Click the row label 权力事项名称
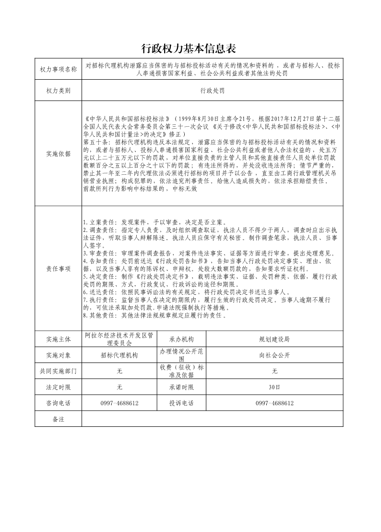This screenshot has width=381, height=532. click(x=58, y=70)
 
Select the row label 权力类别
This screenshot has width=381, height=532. click(x=58, y=90)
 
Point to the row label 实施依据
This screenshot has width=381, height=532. click(x=58, y=154)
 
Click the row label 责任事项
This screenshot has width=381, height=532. click(x=58, y=268)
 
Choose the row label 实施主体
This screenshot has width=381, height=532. click(x=58, y=339)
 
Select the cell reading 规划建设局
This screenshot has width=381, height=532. click(x=274, y=339)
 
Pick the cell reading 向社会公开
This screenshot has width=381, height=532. click(x=274, y=355)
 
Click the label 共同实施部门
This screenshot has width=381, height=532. click(x=58, y=371)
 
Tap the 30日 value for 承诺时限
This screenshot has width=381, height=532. click(x=274, y=387)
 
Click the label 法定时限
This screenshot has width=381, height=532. click(x=58, y=387)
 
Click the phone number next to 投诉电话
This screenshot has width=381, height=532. click(x=274, y=403)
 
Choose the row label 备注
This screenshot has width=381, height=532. click(x=58, y=419)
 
